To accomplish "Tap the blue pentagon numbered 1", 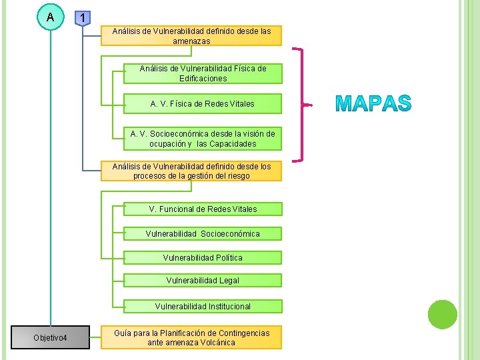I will (81, 17).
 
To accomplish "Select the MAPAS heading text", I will (373, 104).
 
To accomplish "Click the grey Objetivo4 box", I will (51, 338).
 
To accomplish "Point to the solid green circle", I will (443, 314).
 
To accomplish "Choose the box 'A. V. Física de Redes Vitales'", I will (203, 104).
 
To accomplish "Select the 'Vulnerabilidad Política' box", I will (203, 257).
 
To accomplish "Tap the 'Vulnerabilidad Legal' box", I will (203, 281).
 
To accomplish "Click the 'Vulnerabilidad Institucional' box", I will (203, 307).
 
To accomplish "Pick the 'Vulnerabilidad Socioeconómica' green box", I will (203, 233).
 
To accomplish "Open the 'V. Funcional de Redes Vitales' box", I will (203, 209).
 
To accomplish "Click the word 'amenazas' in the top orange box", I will (191, 41).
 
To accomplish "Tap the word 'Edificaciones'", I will (203, 79).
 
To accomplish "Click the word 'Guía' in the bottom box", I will (123, 333).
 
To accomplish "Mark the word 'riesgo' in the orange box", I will (238, 176).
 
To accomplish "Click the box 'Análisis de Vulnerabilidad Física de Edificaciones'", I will (203, 73).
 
